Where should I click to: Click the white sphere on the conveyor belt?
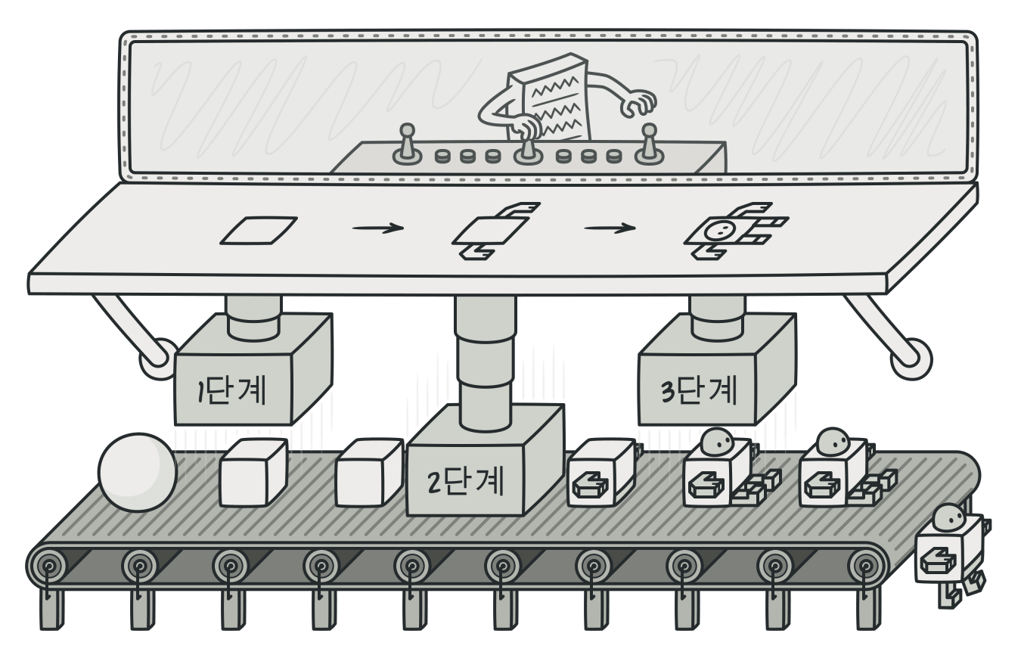point(138,472)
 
